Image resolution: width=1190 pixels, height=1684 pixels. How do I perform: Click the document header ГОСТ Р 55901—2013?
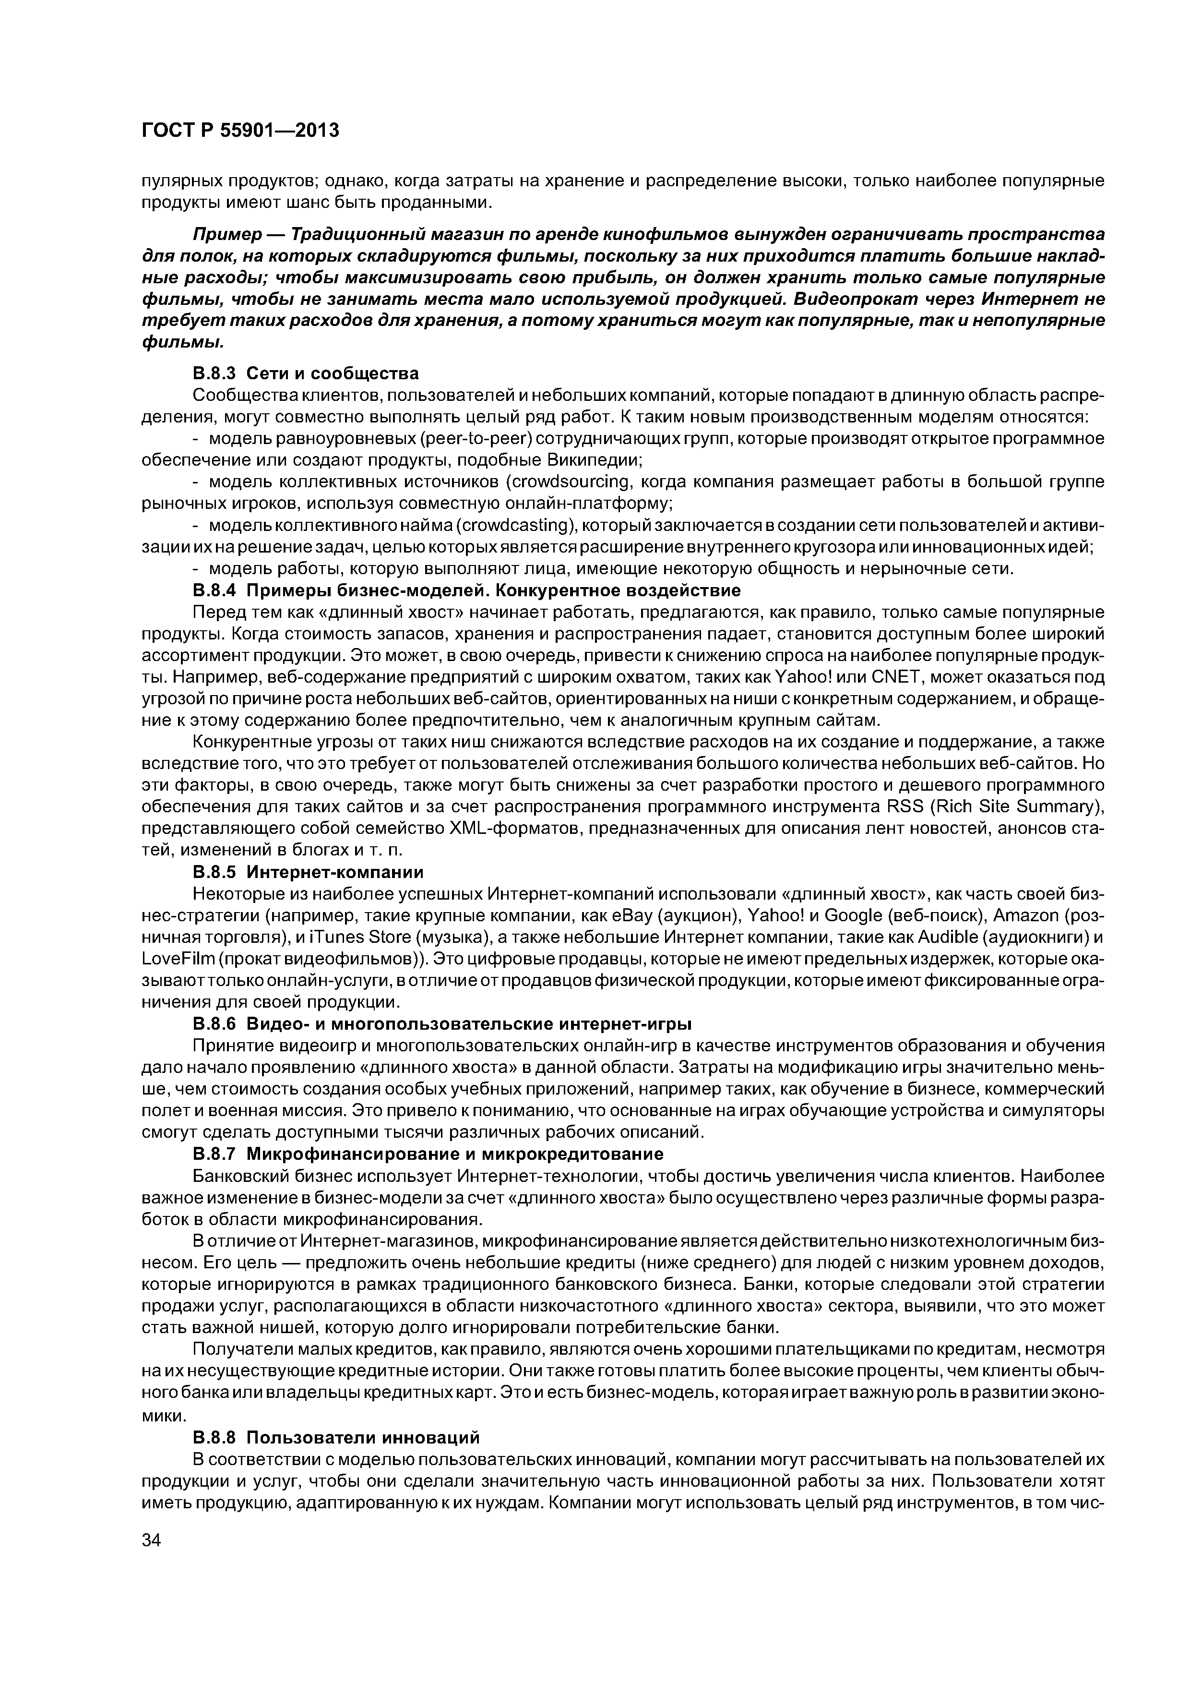click(x=240, y=131)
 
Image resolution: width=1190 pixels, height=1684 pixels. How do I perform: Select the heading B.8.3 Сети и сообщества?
click(x=306, y=373)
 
